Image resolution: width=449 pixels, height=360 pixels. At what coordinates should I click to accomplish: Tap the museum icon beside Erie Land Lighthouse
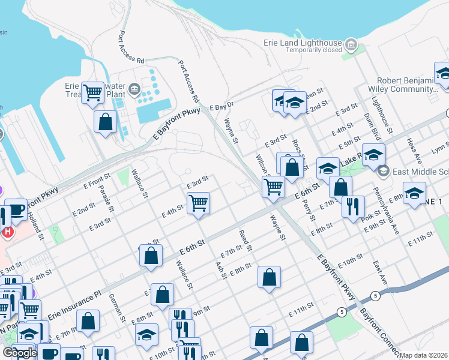point(351,44)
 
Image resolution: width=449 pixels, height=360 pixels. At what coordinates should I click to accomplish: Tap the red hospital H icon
point(7,232)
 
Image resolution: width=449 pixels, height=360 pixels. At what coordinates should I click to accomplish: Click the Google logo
point(20,353)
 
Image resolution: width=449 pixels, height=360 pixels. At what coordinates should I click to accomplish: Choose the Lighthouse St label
point(382,114)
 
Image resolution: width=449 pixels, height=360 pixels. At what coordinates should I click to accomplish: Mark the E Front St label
point(98,181)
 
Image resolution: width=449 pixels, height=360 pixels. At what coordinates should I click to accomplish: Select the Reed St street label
point(245,240)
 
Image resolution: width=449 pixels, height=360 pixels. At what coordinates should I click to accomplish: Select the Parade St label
point(106,199)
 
